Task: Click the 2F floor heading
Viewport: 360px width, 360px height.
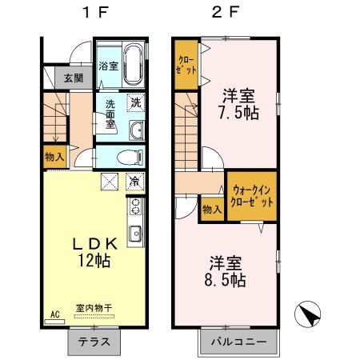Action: point(225,13)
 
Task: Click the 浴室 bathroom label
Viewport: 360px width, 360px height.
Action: point(108,66)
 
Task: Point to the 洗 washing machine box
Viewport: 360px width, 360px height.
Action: point(135,102)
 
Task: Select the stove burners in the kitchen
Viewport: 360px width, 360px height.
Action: point(134,207)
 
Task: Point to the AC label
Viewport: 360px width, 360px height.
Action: point(55,314)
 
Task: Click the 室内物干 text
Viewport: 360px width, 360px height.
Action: point(94,307)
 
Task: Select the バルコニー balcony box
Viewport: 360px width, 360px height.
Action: point(238,342)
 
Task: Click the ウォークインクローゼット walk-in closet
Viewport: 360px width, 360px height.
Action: point(252,197)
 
